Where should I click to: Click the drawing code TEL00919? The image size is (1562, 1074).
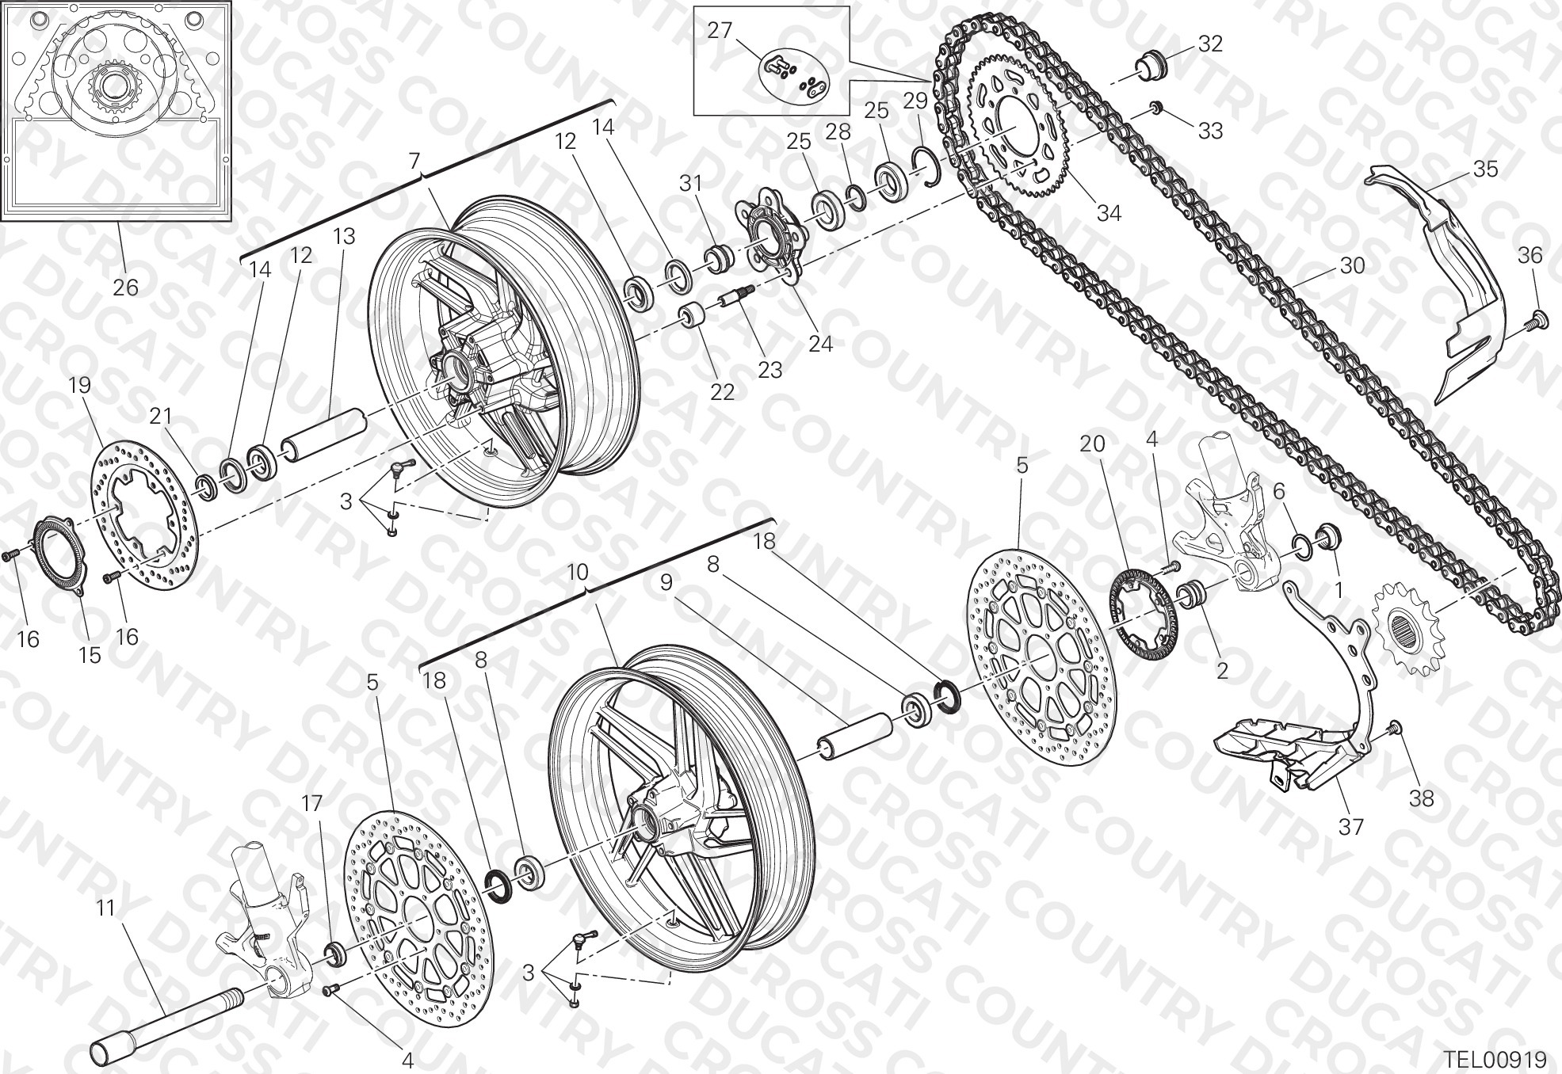point(1495,1059)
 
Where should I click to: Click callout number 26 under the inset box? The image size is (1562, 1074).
point(125,287)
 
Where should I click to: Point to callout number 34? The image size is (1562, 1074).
point(1109,212)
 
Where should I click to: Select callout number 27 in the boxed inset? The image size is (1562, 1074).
point(720,31)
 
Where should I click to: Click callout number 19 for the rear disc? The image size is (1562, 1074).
point(80,385)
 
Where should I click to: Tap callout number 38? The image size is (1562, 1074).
point(1423,798)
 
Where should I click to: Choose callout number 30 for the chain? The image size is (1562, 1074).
point(1352,265)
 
